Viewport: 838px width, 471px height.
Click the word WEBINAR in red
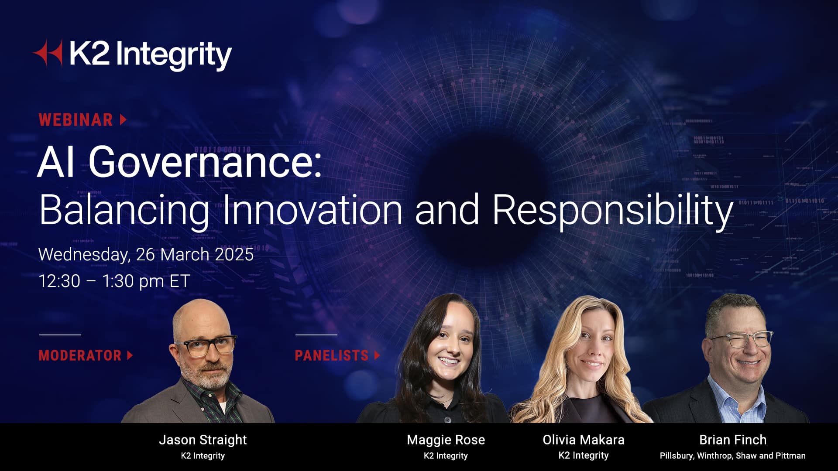tap(76, 119)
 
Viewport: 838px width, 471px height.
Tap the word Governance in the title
tap(205, 162)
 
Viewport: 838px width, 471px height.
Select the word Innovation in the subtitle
tap(313, 210)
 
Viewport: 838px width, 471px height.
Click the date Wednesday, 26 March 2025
tap(146, 254)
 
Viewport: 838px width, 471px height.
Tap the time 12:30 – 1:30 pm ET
tap(114, 281)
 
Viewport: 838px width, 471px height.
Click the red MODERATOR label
tap(80, 355)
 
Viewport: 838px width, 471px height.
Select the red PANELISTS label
tap(332, 355)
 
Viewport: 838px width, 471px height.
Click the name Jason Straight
tap(203, 440)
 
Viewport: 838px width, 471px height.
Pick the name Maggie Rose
tap(446, 440)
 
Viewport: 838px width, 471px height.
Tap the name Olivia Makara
tap(584, 440)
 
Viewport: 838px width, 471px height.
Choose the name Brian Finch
tap(733, 440)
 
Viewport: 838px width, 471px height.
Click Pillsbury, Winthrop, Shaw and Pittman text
tap(732, 456)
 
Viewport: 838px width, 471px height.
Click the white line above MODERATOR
tap(60, 335)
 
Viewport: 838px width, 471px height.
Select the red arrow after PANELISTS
tap(378, 355)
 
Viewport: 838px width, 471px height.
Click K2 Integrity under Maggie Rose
tap(446, 456)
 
